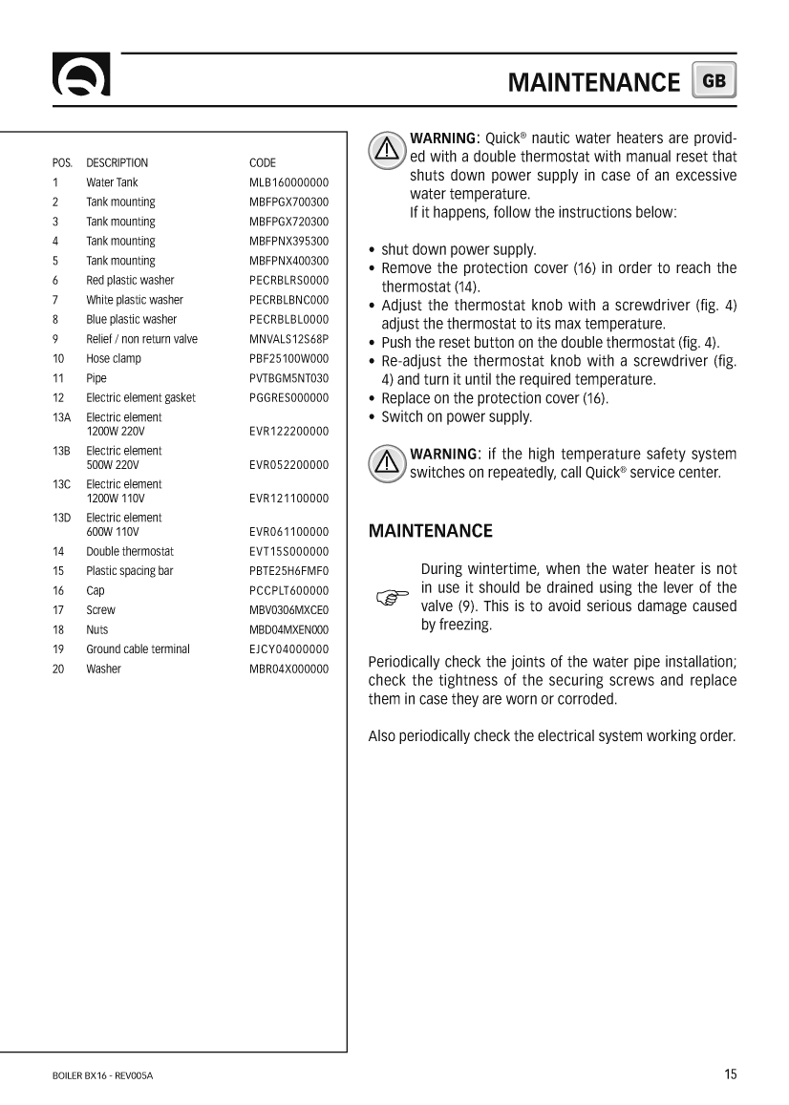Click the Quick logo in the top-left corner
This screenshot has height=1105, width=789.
tap(81, 76)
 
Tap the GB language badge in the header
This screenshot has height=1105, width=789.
tap(714, 81)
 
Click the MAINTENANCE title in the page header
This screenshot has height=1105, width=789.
tap(593, 82)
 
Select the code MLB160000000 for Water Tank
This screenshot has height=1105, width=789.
tap(288, 182)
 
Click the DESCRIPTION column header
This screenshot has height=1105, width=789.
tap(117, 163)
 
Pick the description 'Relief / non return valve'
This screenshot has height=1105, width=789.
tap(141, 339)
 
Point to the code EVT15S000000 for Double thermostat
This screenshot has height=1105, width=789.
tap(288, 552)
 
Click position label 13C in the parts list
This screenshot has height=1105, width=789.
tap(61, 484)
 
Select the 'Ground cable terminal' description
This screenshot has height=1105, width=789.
tap(138, 649)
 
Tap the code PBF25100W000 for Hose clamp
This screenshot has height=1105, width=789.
tap(288, 359)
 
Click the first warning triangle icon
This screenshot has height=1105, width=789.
tap(386, 150)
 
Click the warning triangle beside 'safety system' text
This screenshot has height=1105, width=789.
tap(386, 463)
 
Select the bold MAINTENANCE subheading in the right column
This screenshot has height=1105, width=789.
tap(431, 531)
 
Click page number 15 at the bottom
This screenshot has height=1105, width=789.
tap(730, 1074)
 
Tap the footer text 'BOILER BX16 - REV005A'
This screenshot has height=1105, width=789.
tap(102, 1076)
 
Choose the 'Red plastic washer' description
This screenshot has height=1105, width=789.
tap(130, 281)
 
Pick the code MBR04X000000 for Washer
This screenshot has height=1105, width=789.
tap(288, 669)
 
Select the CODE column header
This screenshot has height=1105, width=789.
tap(262, 163)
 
